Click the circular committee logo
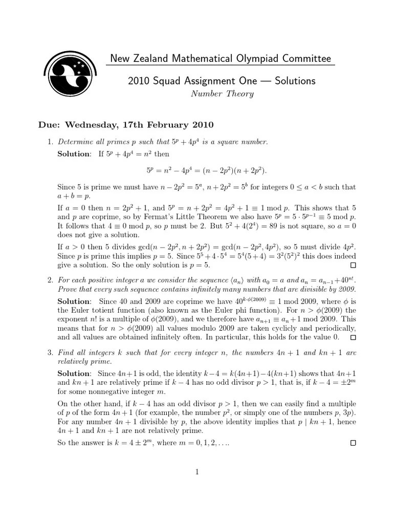click(70, 76)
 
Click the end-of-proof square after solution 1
click(353, 266)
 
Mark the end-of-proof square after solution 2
click(353, 338)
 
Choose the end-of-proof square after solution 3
click(353, 443)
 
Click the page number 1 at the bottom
click(196, 472)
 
